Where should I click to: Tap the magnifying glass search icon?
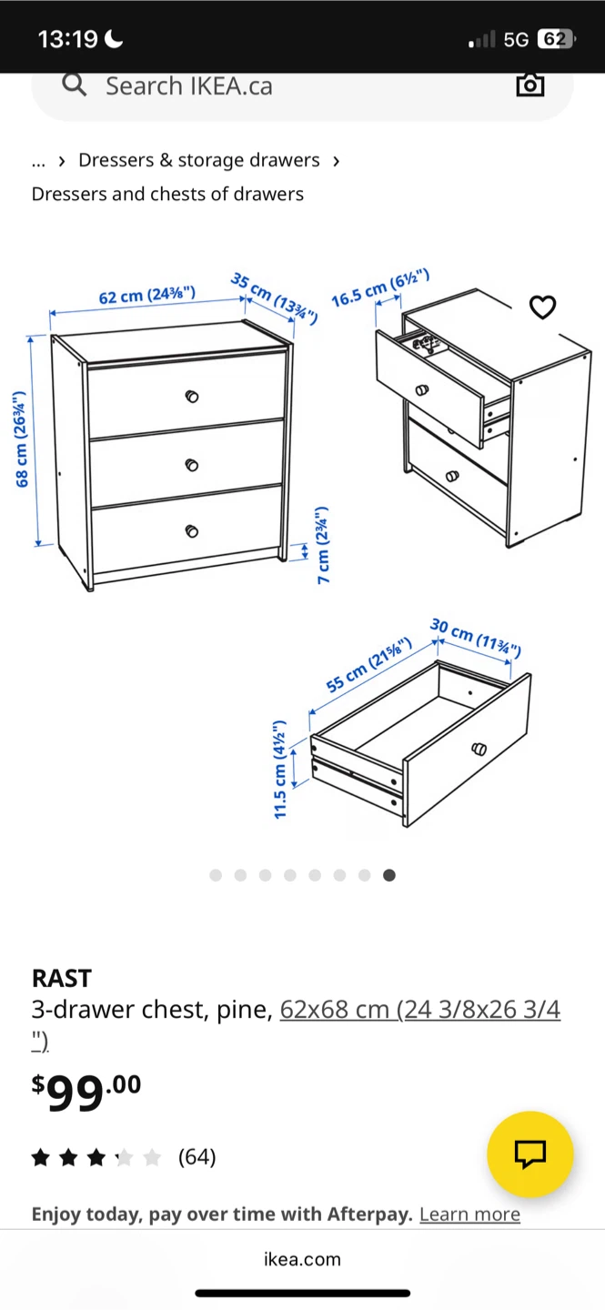(75, 85)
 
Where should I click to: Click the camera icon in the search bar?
(530, 85)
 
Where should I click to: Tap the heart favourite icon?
(542, 307)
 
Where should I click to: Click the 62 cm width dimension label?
(146, 295)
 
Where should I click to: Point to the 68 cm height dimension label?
(21, 438)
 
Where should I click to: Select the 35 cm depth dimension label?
(275, 297)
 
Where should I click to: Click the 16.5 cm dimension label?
(380, 287)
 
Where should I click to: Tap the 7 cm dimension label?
(323, 545)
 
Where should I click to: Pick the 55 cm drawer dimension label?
(368, 664)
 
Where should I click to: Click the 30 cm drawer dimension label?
(475, 637)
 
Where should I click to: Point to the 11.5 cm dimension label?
(280, 769)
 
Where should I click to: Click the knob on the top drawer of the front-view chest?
(191, 397)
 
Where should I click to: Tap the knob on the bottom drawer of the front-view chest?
(191, 531)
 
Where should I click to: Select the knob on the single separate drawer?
(479, 750)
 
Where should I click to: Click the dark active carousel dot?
(389, 875)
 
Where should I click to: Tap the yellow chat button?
(530, 1154)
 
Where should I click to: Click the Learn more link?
(469, 1214)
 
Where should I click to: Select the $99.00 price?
(86, 1092)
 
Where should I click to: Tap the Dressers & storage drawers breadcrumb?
(199, 160)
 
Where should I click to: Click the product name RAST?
(62, 979)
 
